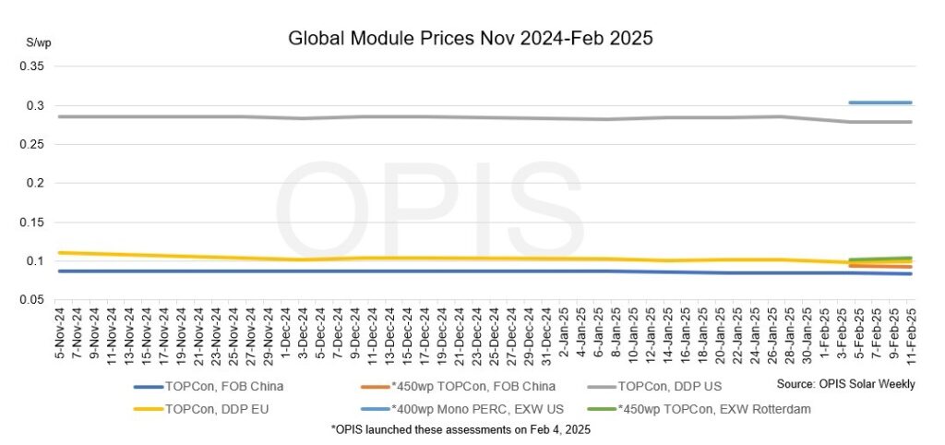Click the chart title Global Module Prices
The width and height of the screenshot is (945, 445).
(471, 39)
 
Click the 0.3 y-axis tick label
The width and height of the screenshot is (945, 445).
(35, 105)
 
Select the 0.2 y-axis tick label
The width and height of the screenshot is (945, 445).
(35, 183)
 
